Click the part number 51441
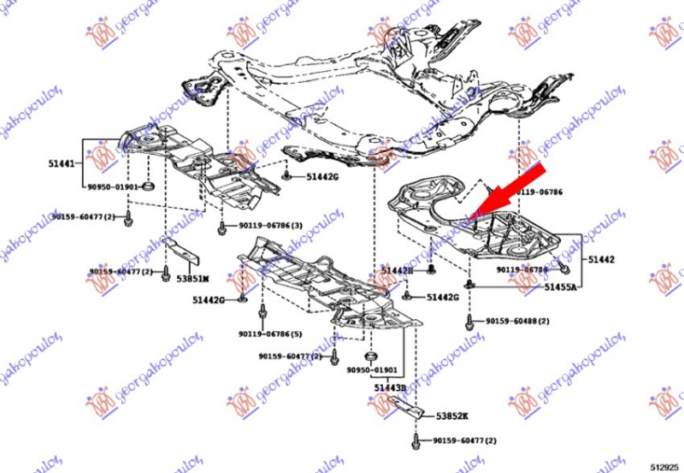point(60,161)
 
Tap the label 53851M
point(193,278)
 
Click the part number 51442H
point(397,270)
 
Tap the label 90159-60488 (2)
point(517,321)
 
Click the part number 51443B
point(390,387)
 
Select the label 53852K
point(453,416)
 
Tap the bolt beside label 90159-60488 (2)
point(470,322)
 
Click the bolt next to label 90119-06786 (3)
point(221,227)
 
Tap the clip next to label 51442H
point(431,269)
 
